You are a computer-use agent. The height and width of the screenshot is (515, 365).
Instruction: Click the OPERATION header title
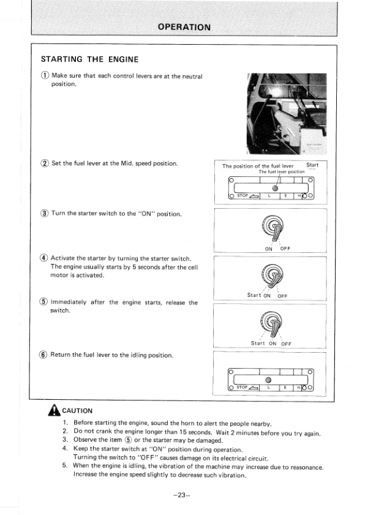click(x=184, y=27)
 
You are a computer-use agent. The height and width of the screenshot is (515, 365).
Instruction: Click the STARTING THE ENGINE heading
click(x=89, y=59)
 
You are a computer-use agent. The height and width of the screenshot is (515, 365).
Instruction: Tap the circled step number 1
click(x=45, y=75)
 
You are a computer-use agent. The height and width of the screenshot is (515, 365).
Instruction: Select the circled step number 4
click(x=44, y=258)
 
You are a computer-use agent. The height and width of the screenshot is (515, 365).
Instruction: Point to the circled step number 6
click(x=43, y=355)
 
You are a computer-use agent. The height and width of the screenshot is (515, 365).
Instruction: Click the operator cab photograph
click(x=287, y=114)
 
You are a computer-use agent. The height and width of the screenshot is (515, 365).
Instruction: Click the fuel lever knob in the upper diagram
click(x=276, y=188)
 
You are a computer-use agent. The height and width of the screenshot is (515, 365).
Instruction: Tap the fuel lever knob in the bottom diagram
click(x=268, y=380)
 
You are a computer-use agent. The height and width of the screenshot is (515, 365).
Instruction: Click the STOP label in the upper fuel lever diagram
click(x=243, y=196)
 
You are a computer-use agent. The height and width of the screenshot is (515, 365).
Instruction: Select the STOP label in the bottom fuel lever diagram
click(x=242, y=388)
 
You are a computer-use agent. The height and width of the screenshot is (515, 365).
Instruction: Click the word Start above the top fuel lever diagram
click(x=312, y=165)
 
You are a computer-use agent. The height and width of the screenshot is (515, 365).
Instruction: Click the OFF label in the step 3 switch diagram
click(x=285, y=249)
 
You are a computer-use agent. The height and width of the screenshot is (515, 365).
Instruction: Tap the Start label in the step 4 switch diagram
click(x=254, y=295)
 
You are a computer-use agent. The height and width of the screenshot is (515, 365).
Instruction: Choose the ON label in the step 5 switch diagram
click(x=273, y=344)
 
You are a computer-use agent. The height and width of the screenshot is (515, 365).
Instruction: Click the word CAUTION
click(x=77, y=410)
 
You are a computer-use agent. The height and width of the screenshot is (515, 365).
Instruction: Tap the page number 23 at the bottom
click(x=182, y=495)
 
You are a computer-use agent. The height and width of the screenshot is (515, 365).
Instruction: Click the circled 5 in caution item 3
click(x=128, y=440)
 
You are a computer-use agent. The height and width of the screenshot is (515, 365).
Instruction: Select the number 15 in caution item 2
click(x=183, y=432)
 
